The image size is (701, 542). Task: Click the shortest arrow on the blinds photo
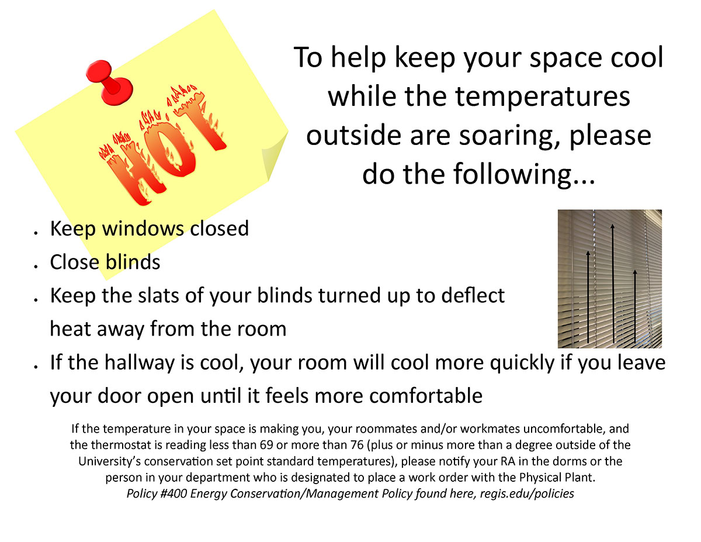click(634, 306)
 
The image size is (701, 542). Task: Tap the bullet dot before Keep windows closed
click(36, 232)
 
